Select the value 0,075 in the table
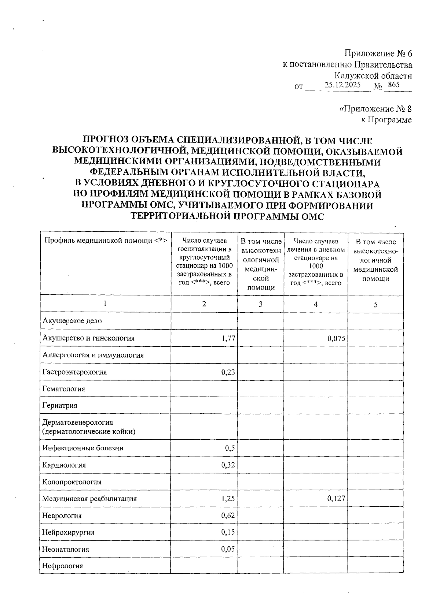[x=336, y=338]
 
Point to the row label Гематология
[x=63, y=389]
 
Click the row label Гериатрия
[x=60, y=406]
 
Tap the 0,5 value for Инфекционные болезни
[x=230, y=448]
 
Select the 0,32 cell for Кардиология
[x=228, y=465]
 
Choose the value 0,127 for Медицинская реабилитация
[x=336, y=498]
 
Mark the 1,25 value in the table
[x=228, y=498]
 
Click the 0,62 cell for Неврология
[x=228, y=516]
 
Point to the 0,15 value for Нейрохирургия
[x=228, y=532]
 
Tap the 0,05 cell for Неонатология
[x=228, y=549]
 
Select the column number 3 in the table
[x=260, y=304]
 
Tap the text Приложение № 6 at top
[x=378, y=53]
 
